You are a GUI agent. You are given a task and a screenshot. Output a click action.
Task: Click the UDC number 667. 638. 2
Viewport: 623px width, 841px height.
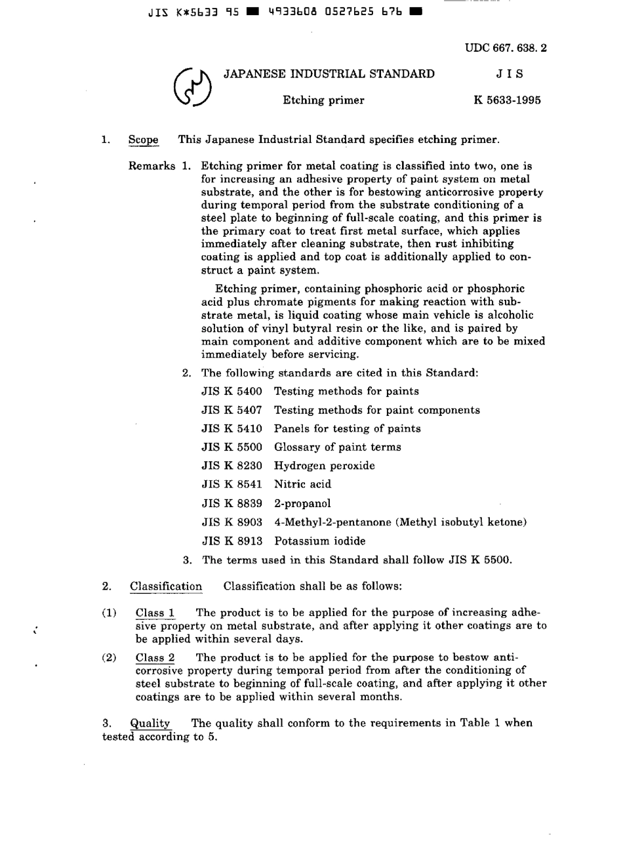506,48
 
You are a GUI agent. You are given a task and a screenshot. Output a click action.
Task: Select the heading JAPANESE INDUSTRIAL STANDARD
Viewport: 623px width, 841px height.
329,73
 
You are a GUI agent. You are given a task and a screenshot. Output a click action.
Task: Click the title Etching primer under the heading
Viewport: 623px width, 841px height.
323,100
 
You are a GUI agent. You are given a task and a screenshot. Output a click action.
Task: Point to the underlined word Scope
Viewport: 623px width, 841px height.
144,140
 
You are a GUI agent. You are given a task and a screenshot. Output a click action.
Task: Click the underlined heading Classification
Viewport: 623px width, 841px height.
166,586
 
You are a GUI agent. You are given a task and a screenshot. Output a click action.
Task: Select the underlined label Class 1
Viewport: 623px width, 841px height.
155,613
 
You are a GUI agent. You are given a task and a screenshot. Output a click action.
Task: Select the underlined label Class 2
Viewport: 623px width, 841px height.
155,657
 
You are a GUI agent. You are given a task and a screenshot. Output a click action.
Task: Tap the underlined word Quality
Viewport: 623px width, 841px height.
150,723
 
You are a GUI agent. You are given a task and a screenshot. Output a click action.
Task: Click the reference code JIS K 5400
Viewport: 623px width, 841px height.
231,392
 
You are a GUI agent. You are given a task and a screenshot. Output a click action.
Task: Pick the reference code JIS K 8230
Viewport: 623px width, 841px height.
231,466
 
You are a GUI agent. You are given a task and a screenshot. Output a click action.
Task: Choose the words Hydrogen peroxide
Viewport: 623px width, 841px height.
325,466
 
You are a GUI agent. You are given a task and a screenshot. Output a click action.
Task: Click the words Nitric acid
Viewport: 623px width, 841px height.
302,484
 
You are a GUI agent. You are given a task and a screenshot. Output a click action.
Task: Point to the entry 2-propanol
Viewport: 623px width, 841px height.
302,503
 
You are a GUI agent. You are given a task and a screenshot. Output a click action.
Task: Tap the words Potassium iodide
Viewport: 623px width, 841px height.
319,541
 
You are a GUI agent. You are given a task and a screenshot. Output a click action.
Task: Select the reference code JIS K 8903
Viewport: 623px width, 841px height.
231,522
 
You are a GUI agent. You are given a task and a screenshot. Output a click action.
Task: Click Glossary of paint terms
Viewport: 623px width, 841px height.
337,447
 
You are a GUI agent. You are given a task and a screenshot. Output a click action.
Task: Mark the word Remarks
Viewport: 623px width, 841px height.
152,166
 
